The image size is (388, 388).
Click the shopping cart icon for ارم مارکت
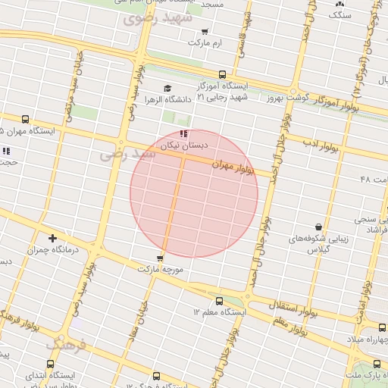tap(205, 32)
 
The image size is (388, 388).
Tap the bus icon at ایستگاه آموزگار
tap(222, 74)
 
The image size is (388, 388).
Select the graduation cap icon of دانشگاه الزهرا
tap(167, 89)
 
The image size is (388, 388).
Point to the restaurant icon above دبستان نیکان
tap(183, 133)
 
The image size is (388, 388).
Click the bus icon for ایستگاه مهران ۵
tap(27, 119)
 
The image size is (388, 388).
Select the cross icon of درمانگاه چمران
tap(52, 238)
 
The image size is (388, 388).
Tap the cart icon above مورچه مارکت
tap(160, 258)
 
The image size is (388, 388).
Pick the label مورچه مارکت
tap(161, 269)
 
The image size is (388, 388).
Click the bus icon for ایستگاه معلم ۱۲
tap(220, 301)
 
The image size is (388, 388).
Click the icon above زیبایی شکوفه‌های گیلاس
tap(318, 226)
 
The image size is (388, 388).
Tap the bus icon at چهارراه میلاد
tap(382, 327)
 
